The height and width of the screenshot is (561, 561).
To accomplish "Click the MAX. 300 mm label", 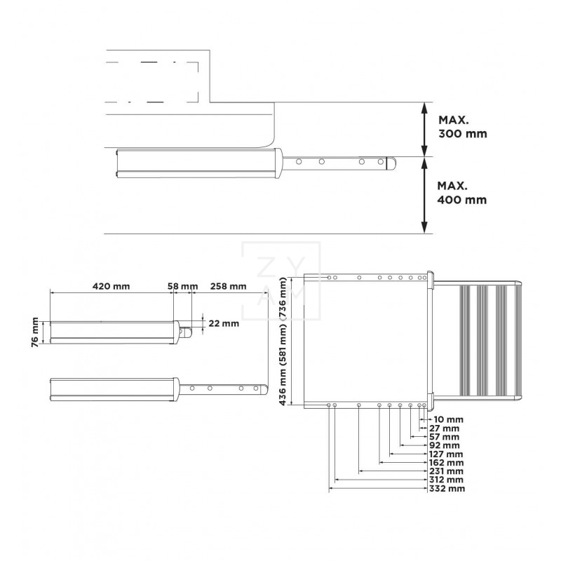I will click(x=461, y=126).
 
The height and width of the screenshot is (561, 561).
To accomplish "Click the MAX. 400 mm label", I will click(x=461, y=193).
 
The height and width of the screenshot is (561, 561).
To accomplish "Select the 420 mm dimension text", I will click(x=110, y=286).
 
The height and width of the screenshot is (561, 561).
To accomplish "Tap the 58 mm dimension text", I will click(x=183, y=286).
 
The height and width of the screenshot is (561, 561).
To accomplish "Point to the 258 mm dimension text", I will click(x=228, y=286).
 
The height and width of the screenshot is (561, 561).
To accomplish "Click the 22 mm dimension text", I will click(x=224, y=323).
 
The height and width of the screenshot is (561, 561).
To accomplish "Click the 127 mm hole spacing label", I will click(x=447, y=454).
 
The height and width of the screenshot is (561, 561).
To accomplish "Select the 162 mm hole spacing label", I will click(x=447, y=462).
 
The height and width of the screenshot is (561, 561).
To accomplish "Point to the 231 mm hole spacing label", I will click(x=447, y=471).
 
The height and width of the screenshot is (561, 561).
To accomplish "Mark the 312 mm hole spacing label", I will click(x=447, y=480).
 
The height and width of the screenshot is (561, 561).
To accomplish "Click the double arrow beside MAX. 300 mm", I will click(x=425, y=127).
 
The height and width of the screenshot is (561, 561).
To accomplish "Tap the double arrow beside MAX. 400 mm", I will click(x=425, y=194).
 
